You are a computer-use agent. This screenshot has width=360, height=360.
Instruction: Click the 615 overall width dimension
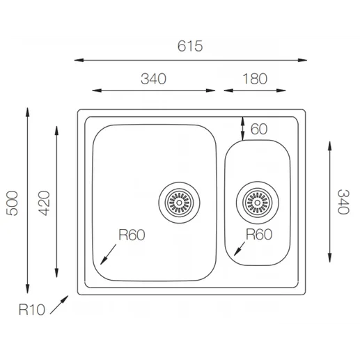pos(190,46)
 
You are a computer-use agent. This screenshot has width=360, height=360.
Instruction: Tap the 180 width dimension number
pos(255,79)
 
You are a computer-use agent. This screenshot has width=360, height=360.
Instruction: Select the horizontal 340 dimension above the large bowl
pos(153,79)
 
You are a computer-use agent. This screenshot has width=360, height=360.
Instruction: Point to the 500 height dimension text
pos(12,203)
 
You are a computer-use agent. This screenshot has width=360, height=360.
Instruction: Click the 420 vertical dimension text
pos(44,203)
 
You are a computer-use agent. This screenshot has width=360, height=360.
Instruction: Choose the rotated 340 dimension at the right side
pos(343,202)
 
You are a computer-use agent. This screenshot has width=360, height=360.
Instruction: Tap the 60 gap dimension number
pos(259,129)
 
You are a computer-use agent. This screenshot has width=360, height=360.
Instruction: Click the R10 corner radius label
pos(32,310)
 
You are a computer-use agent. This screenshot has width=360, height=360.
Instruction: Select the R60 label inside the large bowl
pos(132,235)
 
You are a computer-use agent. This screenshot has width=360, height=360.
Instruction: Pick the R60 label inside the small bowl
pos(259,235)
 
